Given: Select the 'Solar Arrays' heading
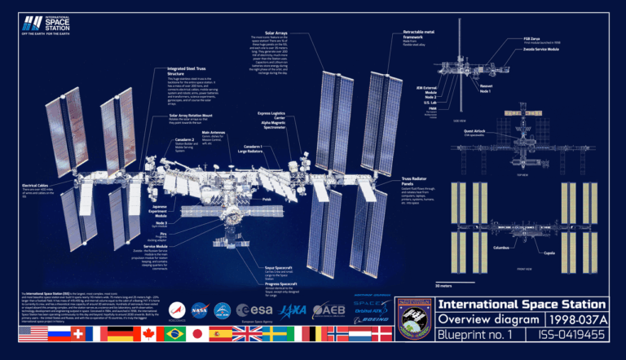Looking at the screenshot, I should [x=276, y=33].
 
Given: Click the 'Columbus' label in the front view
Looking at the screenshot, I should [x=501, y=247].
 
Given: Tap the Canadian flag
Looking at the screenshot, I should [x=148, y=334].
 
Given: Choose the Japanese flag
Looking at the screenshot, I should [x=196, y=334].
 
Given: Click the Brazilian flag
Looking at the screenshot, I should [x=172, y=334].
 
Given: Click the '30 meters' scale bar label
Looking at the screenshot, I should [x=443, y=287].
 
